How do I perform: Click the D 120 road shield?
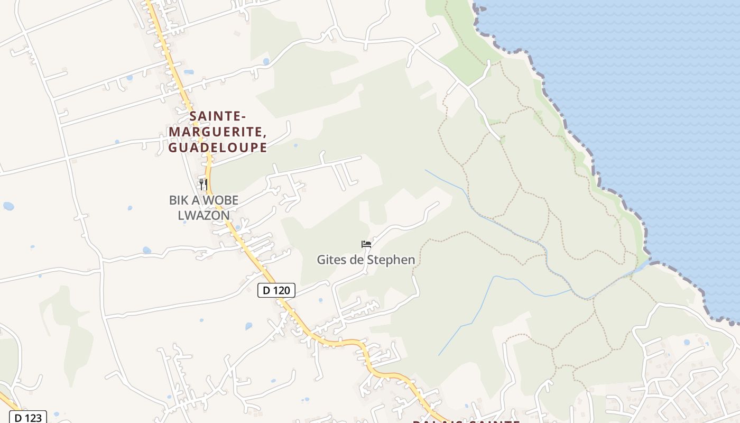tap(276, 290)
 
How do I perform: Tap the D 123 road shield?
tap(27, 417)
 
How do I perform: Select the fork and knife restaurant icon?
tap(203, 184)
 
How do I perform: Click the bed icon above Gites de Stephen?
tap(366, 244)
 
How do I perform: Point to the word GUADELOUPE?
tap(218, 148)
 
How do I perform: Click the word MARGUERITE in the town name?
tap(215, 132)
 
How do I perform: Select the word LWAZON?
tap(203, 215)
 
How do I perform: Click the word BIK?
tap(179, 200)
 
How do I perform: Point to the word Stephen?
tap(393, 260)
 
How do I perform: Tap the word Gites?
tap(331, 260)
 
